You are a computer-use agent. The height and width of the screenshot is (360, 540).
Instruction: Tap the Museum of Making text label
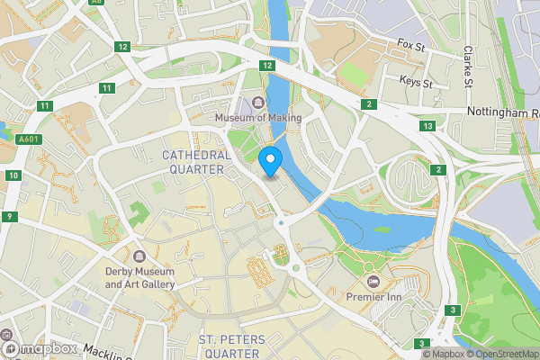point(257,118)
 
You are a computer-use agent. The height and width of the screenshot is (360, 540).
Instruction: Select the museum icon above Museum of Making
point(258,103)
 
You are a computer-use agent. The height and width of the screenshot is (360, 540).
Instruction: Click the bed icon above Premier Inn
point(373,281)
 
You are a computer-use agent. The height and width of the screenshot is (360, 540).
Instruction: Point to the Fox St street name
point(410,43)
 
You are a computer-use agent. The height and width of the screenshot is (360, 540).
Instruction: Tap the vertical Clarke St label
point(468,67)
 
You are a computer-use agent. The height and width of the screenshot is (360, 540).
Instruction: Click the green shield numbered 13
point(427,126)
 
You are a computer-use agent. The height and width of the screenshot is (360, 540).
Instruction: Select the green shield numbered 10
point(11,175)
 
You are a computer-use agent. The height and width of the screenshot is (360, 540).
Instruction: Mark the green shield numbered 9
point(9,217)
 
